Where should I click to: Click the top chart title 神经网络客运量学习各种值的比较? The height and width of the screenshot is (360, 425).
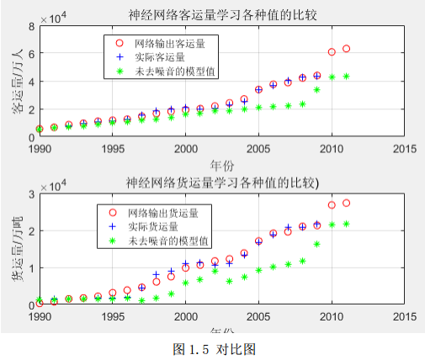(222, 14)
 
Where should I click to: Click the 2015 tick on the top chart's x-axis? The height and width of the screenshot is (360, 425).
(405, 148)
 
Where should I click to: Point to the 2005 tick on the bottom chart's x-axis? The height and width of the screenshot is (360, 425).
(258, 317)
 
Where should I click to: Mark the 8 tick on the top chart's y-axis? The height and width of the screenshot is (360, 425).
(30, 26)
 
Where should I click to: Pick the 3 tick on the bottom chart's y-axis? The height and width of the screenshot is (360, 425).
(30, 194)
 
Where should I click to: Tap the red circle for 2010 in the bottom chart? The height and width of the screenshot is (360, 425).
(332, 205)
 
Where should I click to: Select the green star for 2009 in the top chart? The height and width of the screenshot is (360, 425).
(316, 89)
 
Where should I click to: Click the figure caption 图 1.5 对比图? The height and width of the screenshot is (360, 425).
(214, 348)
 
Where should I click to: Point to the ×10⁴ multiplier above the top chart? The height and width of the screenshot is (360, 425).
(55, 16)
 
